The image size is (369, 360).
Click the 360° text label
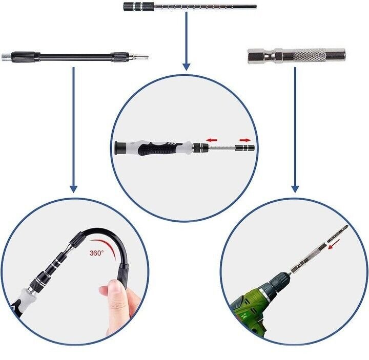click(x=96, y=253)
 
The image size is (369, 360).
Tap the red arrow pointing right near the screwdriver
click(x=245, y=139)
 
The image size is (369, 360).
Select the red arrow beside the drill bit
click(x=335, y=246)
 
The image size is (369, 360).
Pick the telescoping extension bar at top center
click(x=190, y=7)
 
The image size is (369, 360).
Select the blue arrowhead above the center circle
click(x=186, y=66)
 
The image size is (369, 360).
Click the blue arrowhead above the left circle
click(x=73, y=188)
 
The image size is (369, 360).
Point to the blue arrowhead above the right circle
click(x=295, y=188)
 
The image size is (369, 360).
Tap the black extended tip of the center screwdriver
click(x=248, y=148)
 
